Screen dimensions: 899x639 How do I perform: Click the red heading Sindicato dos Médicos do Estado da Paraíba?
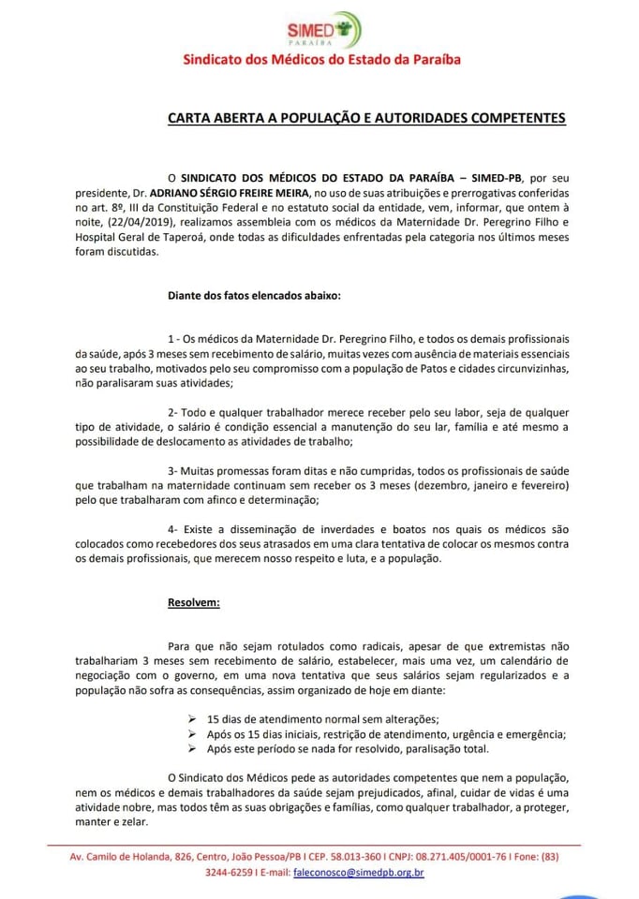tap(320, 60)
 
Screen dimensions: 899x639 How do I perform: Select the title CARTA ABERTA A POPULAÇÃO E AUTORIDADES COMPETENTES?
tap(366, 119)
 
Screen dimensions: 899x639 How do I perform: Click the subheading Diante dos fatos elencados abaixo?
tap(254, 296)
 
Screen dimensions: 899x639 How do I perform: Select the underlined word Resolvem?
tap(193, 601)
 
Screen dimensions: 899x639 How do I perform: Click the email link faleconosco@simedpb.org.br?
tap(359, 873)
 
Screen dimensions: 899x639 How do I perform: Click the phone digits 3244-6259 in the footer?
tap(230, 873)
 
